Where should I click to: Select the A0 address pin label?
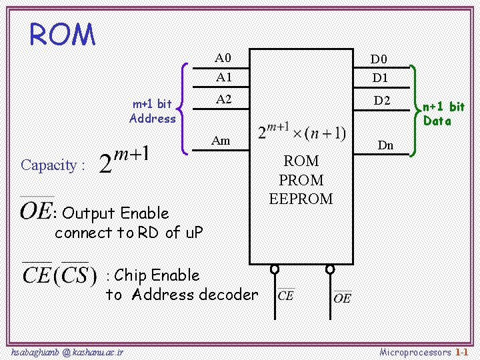223,57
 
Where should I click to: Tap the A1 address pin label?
224,77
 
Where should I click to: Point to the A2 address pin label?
224,99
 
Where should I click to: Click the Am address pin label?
221,140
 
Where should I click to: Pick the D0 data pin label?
379,60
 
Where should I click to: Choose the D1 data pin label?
380,78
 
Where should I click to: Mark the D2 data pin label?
382,101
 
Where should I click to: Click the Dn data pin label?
385,145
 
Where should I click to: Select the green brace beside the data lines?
415,111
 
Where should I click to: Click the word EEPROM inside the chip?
301,199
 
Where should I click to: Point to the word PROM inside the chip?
301,180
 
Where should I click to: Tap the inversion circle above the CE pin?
274,269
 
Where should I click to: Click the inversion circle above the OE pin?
330,269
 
